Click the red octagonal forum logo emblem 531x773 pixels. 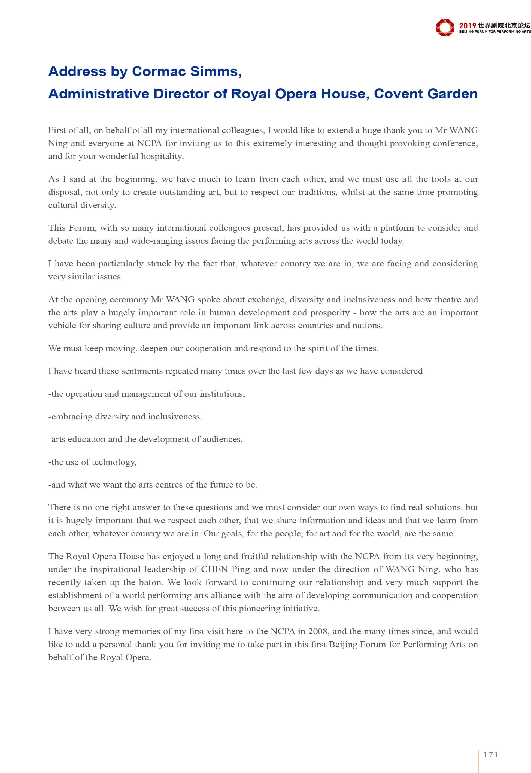pyautogui.click(x=445, y=27)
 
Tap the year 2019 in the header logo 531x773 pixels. pyautogui.click(x=468, y=26)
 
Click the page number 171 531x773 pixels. pyautogui.click(x=490, y=755)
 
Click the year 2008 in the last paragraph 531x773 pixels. pyautogui.click(x=318, y=631)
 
